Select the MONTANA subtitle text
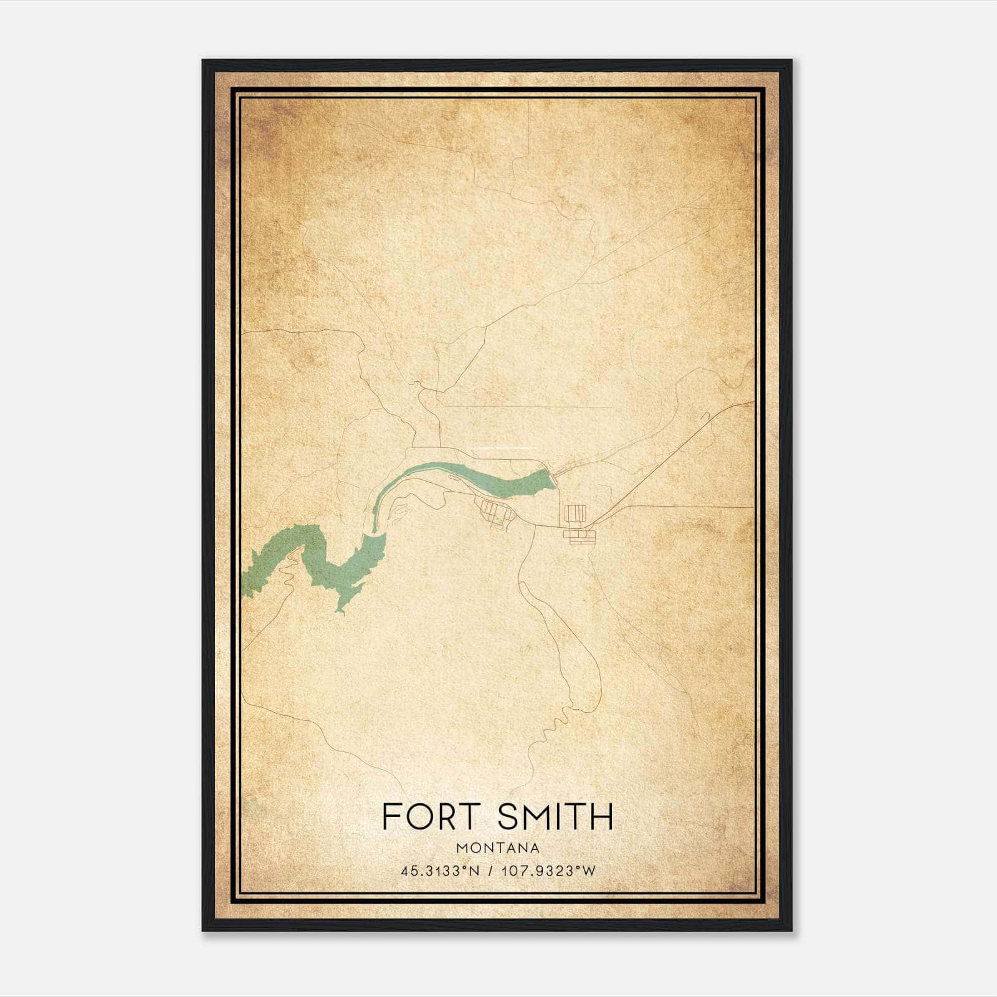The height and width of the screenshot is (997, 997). [498, 848]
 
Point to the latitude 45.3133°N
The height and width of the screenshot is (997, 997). [440, 871]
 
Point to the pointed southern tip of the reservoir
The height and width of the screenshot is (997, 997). [341, 613]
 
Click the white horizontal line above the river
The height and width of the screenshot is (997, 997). [505, 448]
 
